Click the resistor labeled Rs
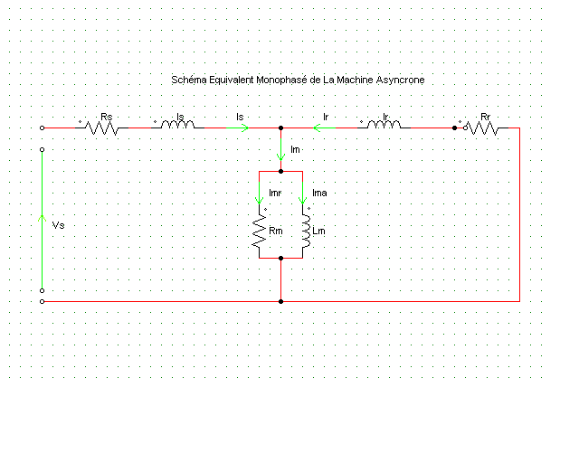pyautogui.click(x=102, y=128)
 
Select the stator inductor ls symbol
pyautogui.click(x=178, y=128)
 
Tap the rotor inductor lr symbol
pyautogui.click(x=384, y=128)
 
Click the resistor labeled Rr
pyautogui.click(x=482, y=128)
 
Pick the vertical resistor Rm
pyautogui.click(x=260, y=233)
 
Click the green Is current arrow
pyautogui.click(x=243, y=128)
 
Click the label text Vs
pyautogui.click(x=58, y=224)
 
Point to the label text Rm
pyautogui.click(x=275, y=232)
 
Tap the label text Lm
pyautogui.click(x=318, y=232)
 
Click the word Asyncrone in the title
pyautogui.click(x=400, y=80)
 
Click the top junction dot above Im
pyautogui.click(x=281, y=128)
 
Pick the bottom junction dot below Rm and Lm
pyautogui.click(x=281, y=259)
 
